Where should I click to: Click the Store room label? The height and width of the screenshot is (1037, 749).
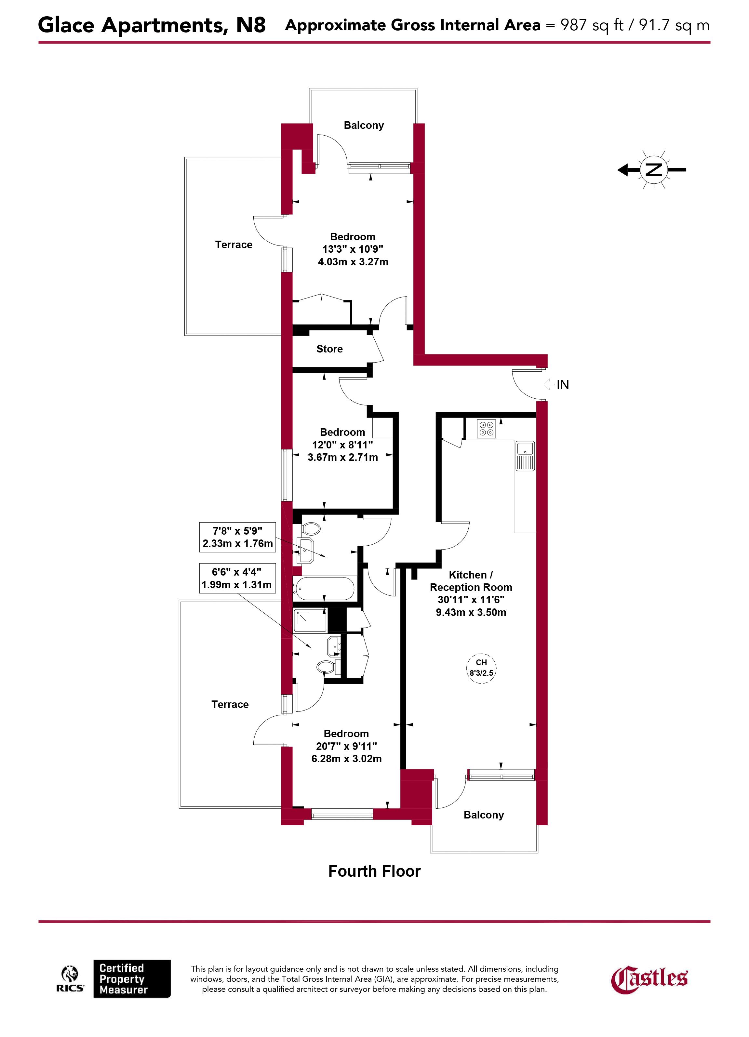(x=329, y=349)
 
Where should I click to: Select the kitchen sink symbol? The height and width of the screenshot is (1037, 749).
(x=525, y=455)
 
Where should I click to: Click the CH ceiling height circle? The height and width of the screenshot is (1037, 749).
(x=481, y=668)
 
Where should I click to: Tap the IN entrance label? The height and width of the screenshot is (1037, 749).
(x=562, y=385)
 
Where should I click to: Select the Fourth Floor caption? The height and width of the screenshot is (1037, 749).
(x=374, y=871)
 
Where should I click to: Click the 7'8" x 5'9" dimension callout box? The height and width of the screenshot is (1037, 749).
(x=237, y=537)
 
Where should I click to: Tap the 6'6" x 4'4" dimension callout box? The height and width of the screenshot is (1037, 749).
(x=237, y=578)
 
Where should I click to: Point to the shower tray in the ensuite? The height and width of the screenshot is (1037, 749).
(x=310, y=620)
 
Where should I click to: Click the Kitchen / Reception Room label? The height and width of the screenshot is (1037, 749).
(x=471, y=581)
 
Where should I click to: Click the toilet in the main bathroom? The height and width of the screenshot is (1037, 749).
(x=311, y=529)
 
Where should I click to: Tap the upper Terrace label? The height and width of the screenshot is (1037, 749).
(x=234, y=245)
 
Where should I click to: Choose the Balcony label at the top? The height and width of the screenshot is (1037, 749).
(x=364, y=125)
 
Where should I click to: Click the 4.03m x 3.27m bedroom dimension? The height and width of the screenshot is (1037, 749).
(x=353, y=262)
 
